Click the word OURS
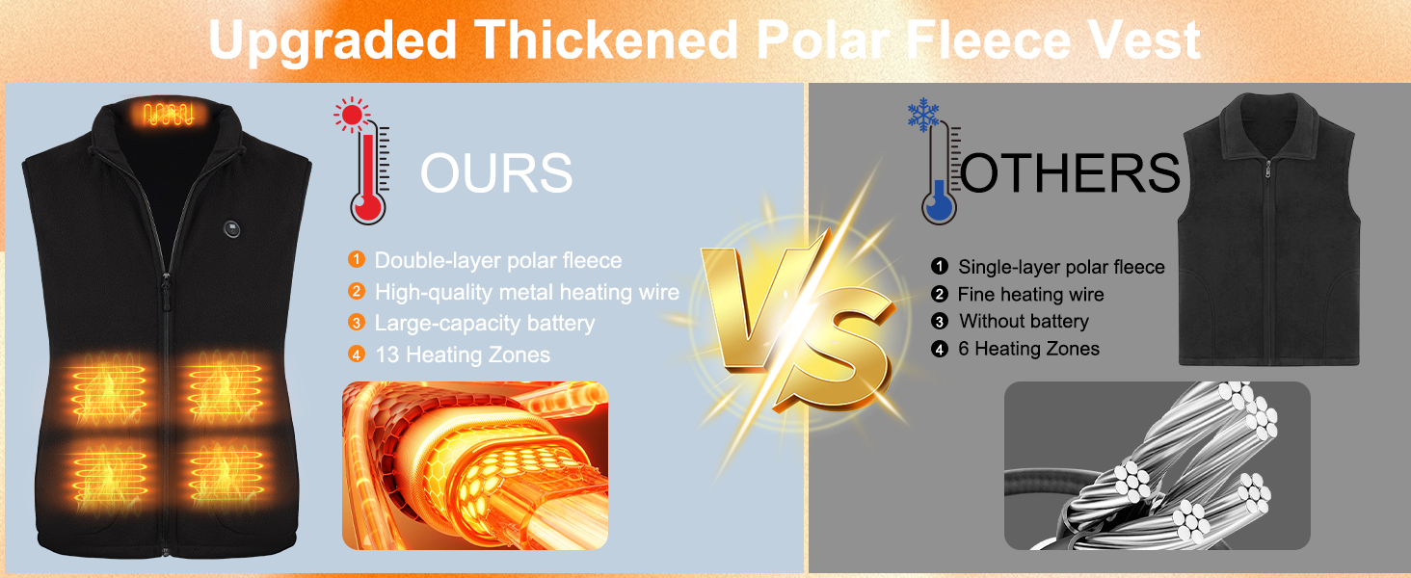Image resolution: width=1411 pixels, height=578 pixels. pyautogui.click(x=496, y=172)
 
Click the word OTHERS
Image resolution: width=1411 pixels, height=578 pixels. pyautogui.click(x=1070, y=172)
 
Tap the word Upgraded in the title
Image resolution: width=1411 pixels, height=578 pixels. pyautogui.click(x=332, y=40)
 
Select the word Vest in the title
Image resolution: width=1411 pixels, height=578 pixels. pyautogui.click(x=1145, y=39)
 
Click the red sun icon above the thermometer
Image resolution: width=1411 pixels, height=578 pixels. pyautogui.click(x=352, y=115)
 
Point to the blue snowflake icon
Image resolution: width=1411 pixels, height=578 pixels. pyautogui.click(x=923, y=115)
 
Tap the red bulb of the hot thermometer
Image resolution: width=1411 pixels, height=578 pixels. pyautogui.click(x=367, y=208)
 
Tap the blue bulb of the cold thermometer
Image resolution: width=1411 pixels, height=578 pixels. pyautogui.click(x=939, y=208)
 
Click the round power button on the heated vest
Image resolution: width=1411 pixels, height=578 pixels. pyautogui.click(x=232, y=228)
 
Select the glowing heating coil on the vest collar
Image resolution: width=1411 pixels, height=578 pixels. pyautogui.click(x=168, y=115)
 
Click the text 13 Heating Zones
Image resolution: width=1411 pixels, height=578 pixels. pyautogui.click(x=463, y=355)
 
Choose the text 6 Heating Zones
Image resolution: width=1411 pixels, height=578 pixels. pyautogui.click(x=1028, y=349)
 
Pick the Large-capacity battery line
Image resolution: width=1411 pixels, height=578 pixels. pyautogui.click(x=485, y=324)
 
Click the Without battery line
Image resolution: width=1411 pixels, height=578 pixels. pyautogui.click(x=1024, y=321)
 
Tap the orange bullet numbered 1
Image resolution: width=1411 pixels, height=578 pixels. pyautogui.click(x=357, y=259)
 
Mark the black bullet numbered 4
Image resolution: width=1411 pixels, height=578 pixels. pyautogui.click(x=939, y=349)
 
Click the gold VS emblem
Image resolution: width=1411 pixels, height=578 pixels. pyautogui.click(x=800, y=321)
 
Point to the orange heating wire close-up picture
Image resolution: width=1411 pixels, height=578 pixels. pyautogui.click(x=475, y=465)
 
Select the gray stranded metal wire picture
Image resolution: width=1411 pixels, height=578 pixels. pyautogui.click(x=1158, y=465)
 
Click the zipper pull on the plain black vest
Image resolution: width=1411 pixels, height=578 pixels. pyautogui.click(x=1267, y=169)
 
